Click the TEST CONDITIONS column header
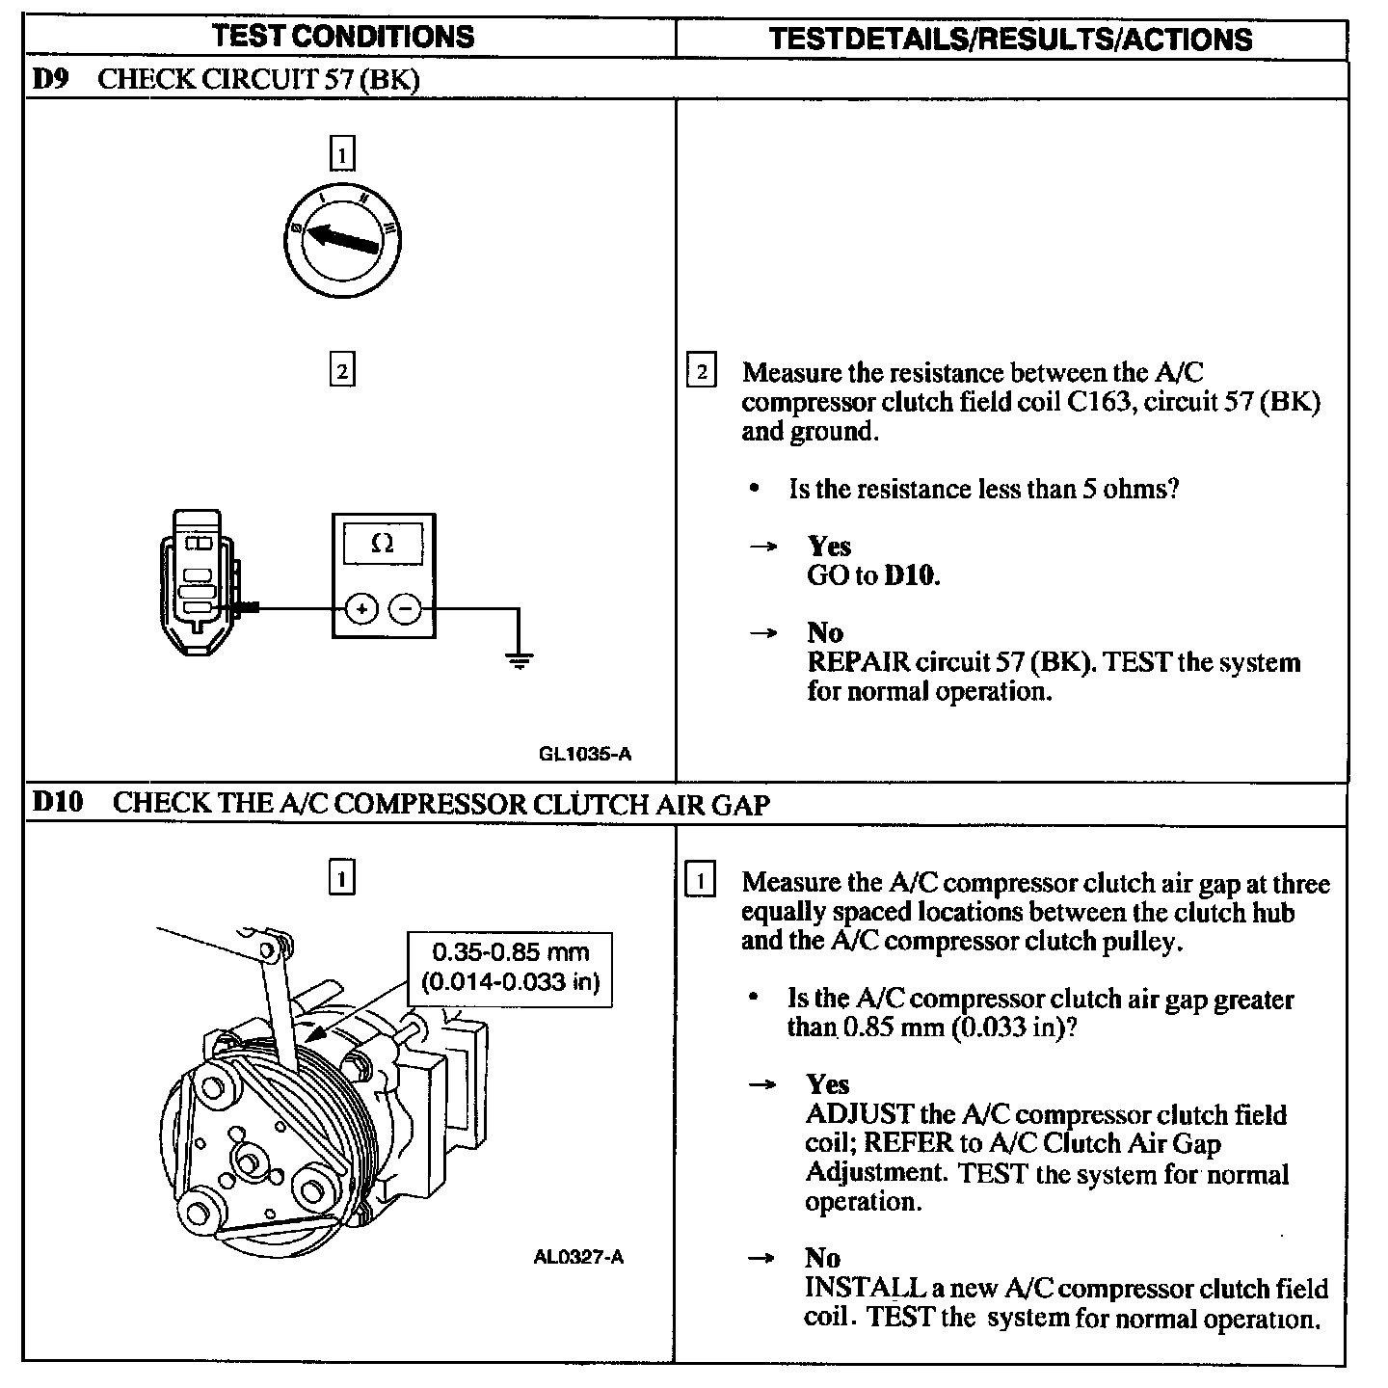[x=343, y=37]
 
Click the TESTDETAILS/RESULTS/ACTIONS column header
[x=1011, y=39]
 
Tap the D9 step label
[x=51, y=79]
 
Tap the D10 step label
[x=58, y=802]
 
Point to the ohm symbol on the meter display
[x=383, y=544]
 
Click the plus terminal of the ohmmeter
[x=361, y=608]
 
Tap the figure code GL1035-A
[x=585, y=754]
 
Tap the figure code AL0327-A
[x=578, y=1257]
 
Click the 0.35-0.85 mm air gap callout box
[x=510, y=967]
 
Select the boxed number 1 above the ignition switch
[x=342, y=154]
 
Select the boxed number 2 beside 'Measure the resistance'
[x=701, y=372]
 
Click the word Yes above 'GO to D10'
[x=829, y=547]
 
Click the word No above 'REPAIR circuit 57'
[x=825, y=633]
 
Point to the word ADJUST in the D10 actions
[x=859, y=1114]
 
